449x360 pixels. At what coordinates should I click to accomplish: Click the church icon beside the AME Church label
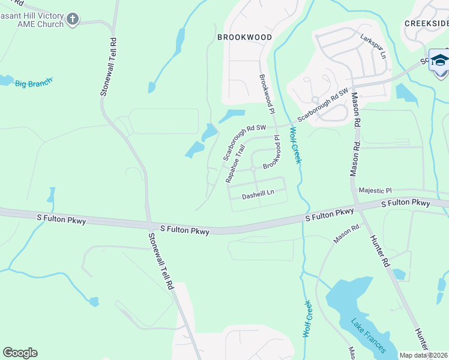coord(73,20)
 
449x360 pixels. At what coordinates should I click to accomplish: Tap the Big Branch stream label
coord(34,82)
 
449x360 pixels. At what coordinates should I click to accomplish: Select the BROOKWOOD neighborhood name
coord(244,37)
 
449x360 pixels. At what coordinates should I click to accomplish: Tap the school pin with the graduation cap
coord(439,62)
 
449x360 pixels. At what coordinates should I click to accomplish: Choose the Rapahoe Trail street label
coord(235,163)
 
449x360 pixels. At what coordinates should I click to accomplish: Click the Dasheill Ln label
coord(258,194)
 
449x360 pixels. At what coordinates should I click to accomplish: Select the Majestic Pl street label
coord(375,190)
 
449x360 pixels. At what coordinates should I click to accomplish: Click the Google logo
coord(20,353)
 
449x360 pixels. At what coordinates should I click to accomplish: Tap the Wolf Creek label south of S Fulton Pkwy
coord(307,318)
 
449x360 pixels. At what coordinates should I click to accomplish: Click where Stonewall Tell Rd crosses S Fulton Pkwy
coord(148,226)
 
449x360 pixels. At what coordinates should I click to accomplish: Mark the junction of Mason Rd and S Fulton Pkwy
coord(358,208)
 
